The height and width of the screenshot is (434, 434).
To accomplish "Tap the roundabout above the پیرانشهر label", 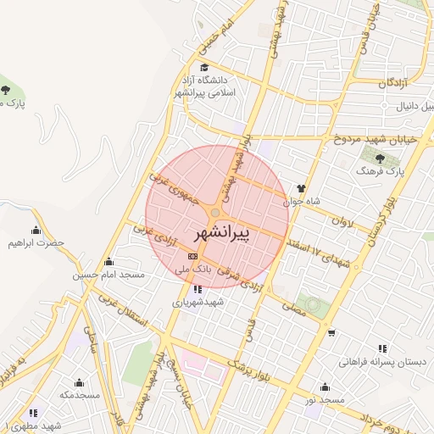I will point(217,212).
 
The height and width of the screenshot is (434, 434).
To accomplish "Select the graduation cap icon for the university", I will point(203,67).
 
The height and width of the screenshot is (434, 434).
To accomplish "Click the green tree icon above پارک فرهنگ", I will point(380,157).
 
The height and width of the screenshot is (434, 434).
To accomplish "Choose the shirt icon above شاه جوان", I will point(299,189).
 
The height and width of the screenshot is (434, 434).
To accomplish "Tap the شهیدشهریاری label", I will point(198,302).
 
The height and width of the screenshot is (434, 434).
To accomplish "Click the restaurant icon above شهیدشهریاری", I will point(198,288).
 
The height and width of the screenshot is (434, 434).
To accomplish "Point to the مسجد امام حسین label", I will point(109,275).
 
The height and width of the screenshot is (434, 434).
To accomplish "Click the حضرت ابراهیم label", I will point(36,243).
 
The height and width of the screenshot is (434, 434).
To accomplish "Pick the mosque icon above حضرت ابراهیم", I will point(36,230).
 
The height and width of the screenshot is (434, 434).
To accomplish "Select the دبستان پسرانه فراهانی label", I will point(382,362).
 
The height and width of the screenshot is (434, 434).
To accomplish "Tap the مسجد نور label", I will point(325,400).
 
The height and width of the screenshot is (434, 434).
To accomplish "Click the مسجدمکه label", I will point(80,395).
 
